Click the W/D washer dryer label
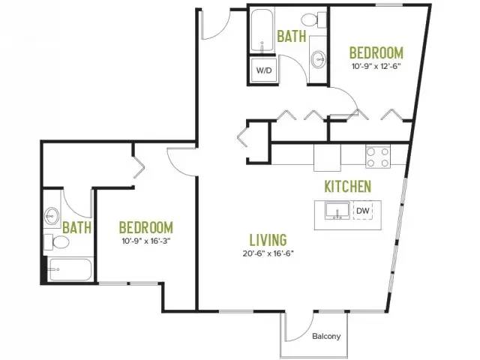coord(263,70)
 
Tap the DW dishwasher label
coord(363,211)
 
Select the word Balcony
coord(326,336)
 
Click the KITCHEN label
coord(348,187)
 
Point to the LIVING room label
coord(268,240)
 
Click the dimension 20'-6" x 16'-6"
coord(268,253)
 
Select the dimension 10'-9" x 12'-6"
coord(376,66)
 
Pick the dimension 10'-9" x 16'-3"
coord(146,241)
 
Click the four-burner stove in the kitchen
coord(378,157)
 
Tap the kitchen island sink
coord(337,211)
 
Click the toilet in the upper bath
coord(314,19)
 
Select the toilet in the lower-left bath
coord(56,242)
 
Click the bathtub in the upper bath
coord(262,31)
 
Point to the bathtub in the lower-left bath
coord(70,269)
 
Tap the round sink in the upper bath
coord(319,59)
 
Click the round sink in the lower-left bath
coord(52,215)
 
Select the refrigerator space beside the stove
coord(327,157)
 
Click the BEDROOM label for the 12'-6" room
coord(376,52)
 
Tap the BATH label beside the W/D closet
coord(292,36)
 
